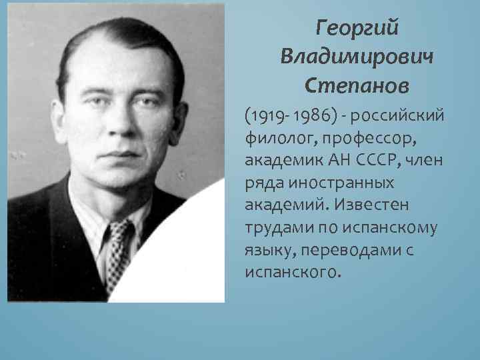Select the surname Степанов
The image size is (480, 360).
pos(357,85)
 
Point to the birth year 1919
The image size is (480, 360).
pos(264,117)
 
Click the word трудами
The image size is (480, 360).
pos(273,227)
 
